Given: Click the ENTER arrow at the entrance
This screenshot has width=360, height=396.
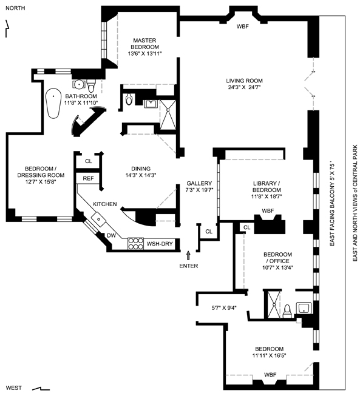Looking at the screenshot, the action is point(188,255).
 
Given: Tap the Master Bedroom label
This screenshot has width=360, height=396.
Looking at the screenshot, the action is point(144,44).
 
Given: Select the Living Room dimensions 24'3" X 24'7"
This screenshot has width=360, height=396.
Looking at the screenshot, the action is point(244,87).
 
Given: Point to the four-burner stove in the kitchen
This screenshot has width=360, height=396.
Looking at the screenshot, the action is point(135,243).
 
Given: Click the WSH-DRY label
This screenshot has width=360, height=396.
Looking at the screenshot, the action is point(160,244).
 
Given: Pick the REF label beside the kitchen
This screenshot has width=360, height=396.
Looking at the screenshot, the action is point(88,178).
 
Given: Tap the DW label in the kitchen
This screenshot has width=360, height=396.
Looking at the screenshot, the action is point(111,236).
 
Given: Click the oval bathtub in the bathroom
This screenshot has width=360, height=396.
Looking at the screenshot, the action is point(53,103).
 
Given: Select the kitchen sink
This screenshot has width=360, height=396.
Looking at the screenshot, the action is point(99,219).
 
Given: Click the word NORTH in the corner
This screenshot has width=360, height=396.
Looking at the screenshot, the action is point(15,8).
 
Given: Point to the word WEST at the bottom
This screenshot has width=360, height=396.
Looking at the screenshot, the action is point(13,388).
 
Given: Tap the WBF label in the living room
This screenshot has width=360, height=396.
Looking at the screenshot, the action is point(243,26).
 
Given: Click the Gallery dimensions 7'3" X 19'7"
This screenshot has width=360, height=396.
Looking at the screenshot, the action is point(200,190).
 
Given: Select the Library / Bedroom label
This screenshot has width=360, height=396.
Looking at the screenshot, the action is point(267,187).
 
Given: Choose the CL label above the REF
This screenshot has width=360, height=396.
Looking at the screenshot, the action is point(89,161).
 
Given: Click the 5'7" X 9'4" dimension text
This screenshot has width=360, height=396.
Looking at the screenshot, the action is point(224,308).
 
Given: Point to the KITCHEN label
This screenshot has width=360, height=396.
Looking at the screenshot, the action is point(105,204).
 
